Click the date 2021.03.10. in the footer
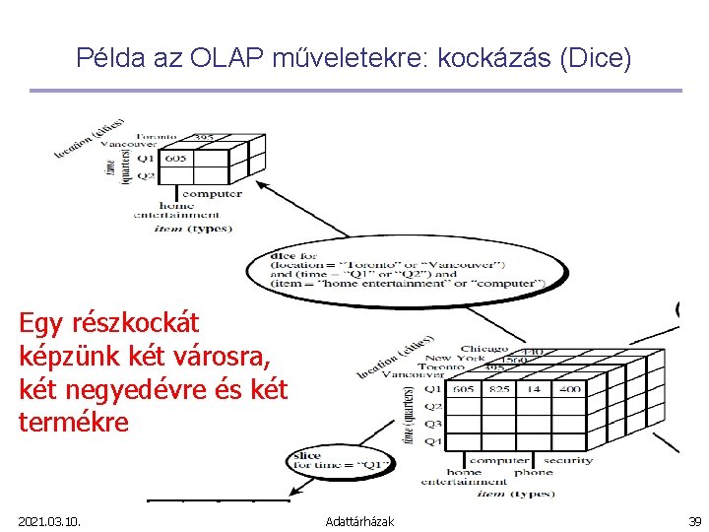(x=49, y=520)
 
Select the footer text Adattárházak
(x=359, y=520)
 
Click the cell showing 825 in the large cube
(x=500, y=390)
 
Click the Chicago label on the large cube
(x=483, y=349)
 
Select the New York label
(x=455, y=359)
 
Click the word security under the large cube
(x=568, y=460)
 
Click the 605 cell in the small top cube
(x=175, y=158)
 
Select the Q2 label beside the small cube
(x=145, y=175)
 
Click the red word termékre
(x=74, y=422)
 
